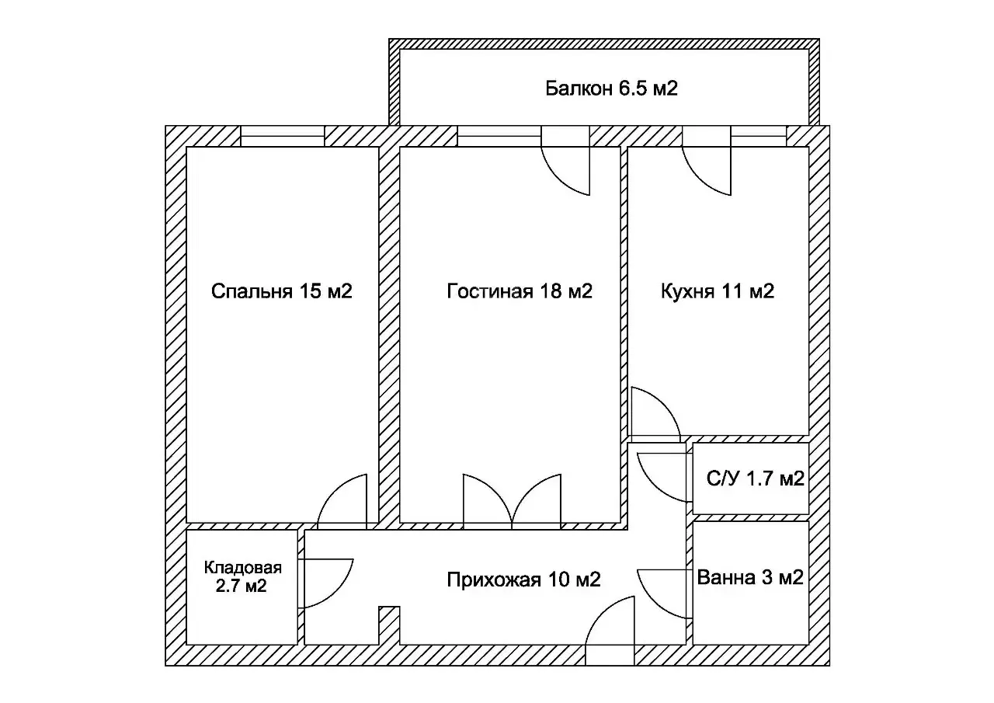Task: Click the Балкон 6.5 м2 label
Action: click(x=611, y=89)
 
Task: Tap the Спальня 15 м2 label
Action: click(x=281, y=291)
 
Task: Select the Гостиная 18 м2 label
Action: click(x=520, y=291)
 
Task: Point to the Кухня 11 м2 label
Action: click(x=717, y=291)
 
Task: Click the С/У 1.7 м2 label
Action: click(x=756, y=479)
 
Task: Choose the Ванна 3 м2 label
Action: click(x=750, y=577)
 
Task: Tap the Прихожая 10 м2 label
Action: click(x=523, y=579)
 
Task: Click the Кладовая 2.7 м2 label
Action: click(x=242, y=577)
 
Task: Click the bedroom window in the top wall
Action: click(x=282, y=136)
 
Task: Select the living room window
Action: click(x=499, y=136)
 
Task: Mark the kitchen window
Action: click(x=759, y=136)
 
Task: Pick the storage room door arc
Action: click(x=339, y=595)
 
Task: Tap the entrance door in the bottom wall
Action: click(x=610, y=631)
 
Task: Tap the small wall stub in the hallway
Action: click(x=389, y=625)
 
